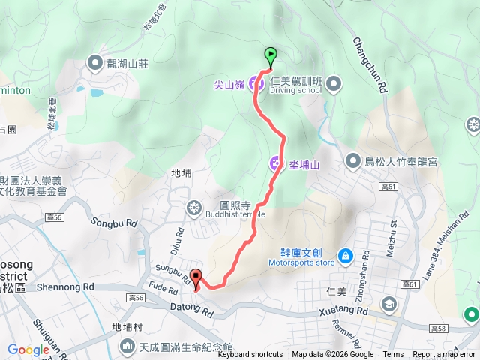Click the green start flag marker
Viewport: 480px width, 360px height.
(x=270, y=55)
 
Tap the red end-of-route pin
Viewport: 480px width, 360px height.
(x=196, y=277)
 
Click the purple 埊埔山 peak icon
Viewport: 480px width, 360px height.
(x=276, y=163)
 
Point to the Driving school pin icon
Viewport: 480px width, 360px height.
(x=334, y=82)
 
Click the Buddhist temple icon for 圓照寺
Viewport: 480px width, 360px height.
(x=193, y=207)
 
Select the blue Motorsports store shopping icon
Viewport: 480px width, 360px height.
(x=344, y=256)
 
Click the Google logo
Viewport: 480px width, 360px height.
(x=28, y=349)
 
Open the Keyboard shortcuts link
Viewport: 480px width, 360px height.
(x=250, y=355)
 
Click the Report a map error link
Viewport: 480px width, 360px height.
(x=444, y=355)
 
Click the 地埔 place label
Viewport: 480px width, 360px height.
(x=181, y=173)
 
